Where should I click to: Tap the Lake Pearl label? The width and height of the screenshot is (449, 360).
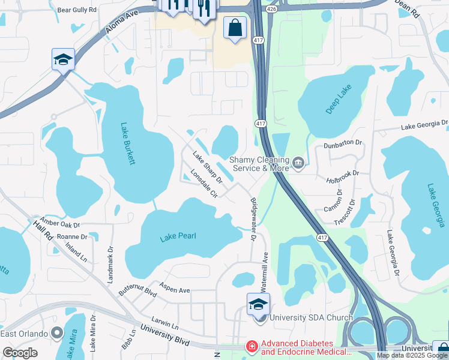178,238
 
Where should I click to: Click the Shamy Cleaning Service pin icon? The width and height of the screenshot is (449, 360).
298,162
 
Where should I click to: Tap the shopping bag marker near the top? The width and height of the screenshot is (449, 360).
234,28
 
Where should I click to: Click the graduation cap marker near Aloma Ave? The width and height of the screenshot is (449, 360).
63,60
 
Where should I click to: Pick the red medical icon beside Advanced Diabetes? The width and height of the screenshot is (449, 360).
252,346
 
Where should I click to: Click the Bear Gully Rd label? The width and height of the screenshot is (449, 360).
76,10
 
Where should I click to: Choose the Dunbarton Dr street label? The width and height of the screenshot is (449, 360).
343,143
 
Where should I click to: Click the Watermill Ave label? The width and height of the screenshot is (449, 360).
265,266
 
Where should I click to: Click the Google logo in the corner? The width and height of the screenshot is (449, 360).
20,353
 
